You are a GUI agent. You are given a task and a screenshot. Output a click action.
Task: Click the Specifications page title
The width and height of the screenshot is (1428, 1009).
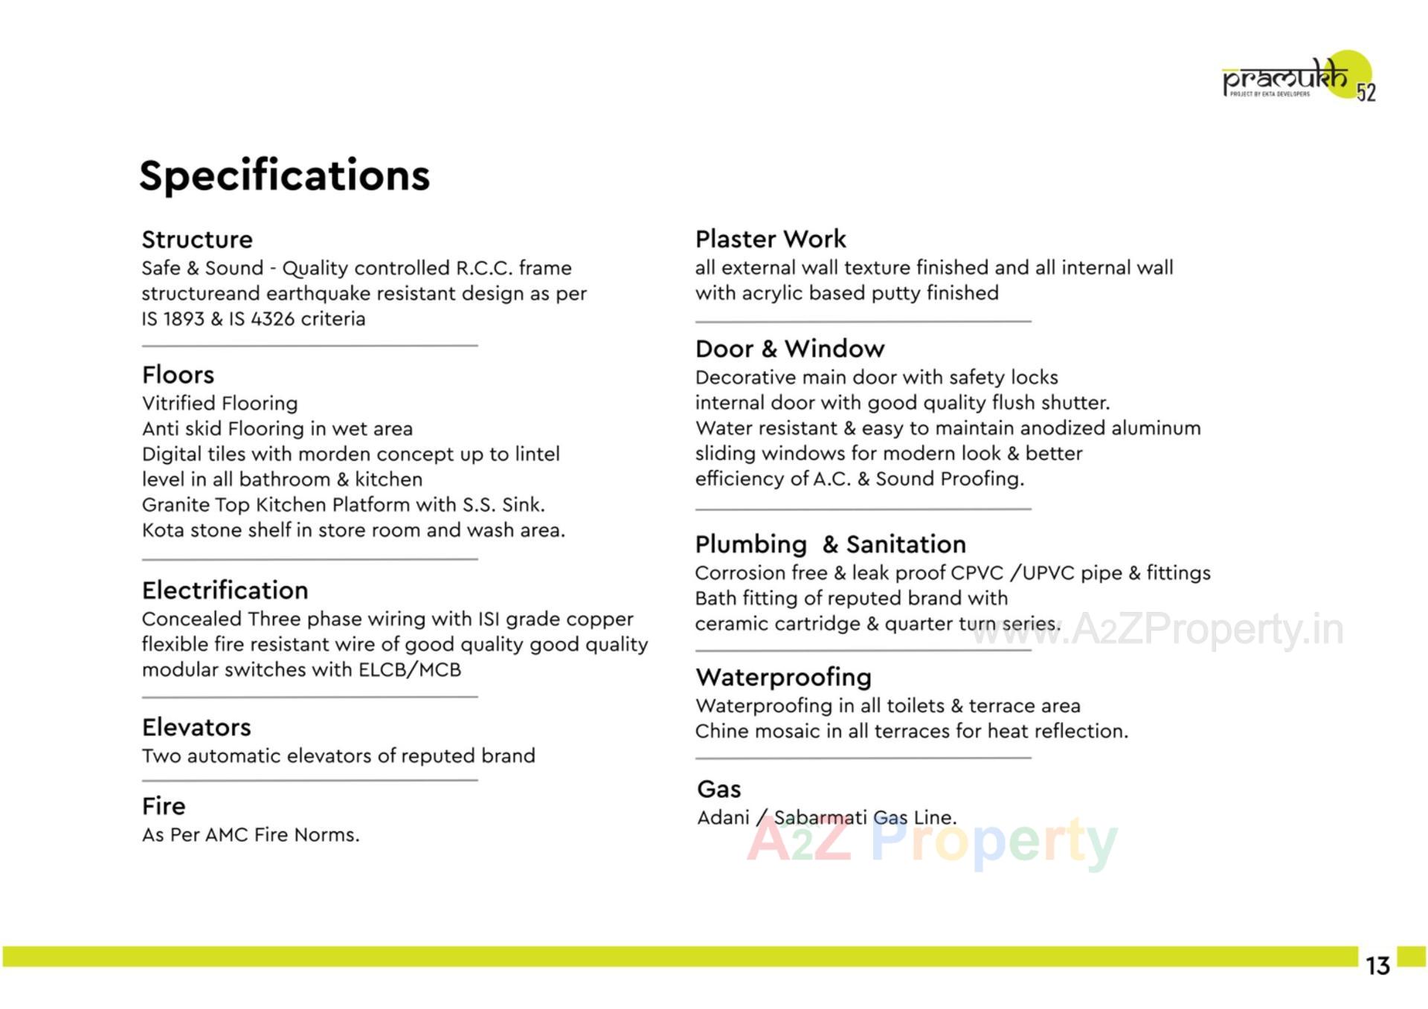pyautogui.click(x=284, y=175)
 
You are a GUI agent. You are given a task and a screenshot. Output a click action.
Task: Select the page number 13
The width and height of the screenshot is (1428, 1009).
pyautogui.click(x=1377, y=965)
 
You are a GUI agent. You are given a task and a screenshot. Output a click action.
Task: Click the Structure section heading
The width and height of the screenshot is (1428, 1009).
pyautogui.click(x=197, y=239)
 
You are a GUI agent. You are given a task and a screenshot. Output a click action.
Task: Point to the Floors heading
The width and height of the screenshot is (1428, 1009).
pyautogui.click(x=178, y=375)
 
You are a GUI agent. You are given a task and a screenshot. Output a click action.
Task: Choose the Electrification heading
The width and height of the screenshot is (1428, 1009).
pyautogui.click(x=225, y=590)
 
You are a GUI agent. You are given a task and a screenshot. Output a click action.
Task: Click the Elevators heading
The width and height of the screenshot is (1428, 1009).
pyautogui.click(x=196, y=727)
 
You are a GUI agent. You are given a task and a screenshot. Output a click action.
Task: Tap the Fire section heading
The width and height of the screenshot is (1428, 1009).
pyautogui.click(x=164, y=806)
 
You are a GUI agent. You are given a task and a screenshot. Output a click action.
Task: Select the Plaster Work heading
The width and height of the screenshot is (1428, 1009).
pyautogui.click(x=771, y=239)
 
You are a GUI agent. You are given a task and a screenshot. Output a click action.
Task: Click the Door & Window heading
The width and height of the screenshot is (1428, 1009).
pyautogui.click(x=790, y=349)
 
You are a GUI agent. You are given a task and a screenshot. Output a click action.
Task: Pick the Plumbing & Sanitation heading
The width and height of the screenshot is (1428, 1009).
pyautogui.click(x=830, y=544)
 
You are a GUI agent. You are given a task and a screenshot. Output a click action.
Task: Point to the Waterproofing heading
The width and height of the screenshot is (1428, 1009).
pyautogui.click(x=783, y=677)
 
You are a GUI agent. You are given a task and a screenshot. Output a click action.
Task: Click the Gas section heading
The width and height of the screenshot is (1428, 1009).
pyautogui.click(x=718, y=789)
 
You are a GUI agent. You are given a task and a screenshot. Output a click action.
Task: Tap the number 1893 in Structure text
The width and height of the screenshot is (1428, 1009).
pyautogui.click(x=183, y=319)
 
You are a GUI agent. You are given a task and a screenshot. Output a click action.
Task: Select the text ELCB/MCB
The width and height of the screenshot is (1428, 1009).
pyautogui.click(x=409, y=670)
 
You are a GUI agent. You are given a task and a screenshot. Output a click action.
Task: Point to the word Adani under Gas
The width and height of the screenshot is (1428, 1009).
pyautogui.click(x=723, y=818)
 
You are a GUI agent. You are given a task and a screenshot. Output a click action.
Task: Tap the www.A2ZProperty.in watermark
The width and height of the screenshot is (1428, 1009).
pyautogui.click(x=1157, y=630)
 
